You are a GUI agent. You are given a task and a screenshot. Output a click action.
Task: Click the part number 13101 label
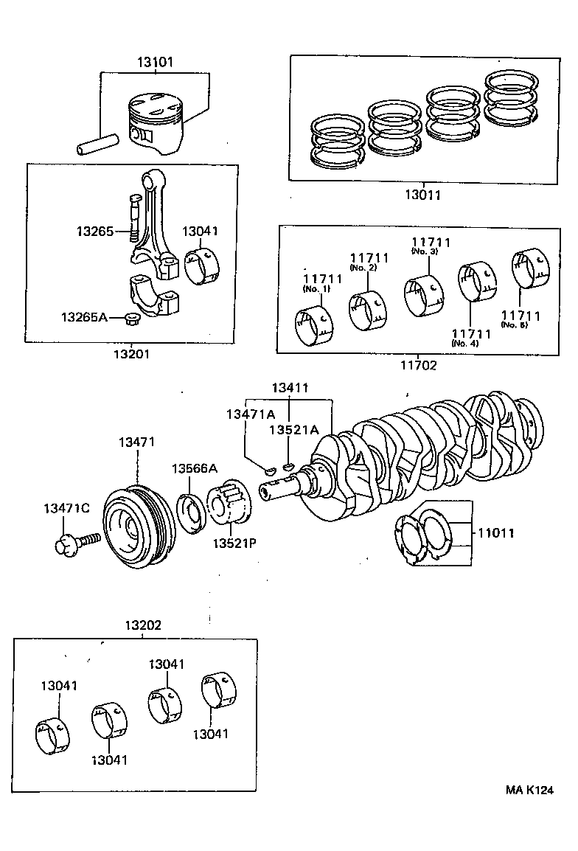pos(155,62)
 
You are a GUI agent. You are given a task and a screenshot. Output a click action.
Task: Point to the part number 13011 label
pos(422,195)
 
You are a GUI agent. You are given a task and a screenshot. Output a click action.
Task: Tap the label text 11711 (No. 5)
pos(520,319)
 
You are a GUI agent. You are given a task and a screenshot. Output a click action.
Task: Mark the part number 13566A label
pos(195,468)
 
